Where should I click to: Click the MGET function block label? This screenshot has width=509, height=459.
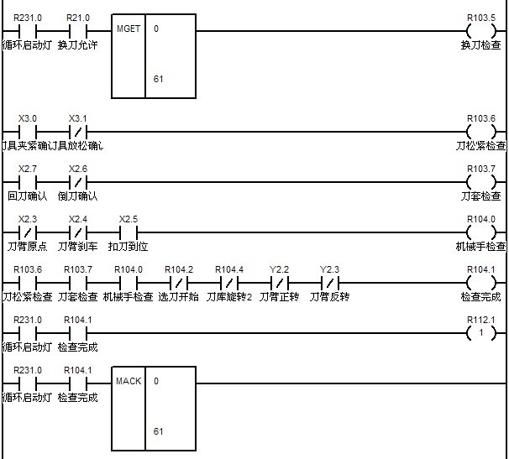[129, 28]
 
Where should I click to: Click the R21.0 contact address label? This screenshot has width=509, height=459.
[77, 17]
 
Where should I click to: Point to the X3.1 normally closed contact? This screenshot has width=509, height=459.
[77, 133]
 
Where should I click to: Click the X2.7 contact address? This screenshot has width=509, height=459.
[27, 168]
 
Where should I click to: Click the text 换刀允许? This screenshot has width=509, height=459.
[77, 44]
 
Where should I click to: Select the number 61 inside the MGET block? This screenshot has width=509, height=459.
[158, 79]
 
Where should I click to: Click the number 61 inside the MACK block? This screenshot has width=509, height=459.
[158, 431]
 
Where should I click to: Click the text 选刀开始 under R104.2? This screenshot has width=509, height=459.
[178, 296]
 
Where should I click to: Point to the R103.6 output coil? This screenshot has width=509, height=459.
[481, 133]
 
